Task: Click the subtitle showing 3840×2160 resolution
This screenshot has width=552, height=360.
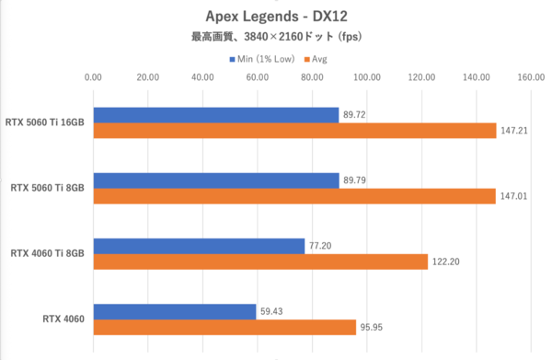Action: coord(276,38)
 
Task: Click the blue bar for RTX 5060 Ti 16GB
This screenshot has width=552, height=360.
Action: coord(215,115)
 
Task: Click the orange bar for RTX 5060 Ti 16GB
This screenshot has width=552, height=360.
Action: coord(294,131)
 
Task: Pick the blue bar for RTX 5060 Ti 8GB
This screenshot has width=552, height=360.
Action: coord(215,180)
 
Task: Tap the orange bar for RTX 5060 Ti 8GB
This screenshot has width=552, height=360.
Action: coord(294,196)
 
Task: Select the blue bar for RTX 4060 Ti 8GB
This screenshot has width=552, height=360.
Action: coord(199,246)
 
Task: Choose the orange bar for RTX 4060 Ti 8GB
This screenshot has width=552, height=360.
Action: coord(260,261)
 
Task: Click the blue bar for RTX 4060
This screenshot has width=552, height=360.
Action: coord(174,311)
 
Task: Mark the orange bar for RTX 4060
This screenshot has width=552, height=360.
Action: coord(224,327)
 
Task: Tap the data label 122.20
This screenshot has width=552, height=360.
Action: coord(445,261)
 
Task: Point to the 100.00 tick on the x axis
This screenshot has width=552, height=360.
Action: coord(367,78)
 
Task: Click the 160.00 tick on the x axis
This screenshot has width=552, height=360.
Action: coord(531,78)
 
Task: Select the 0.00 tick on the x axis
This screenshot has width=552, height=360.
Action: coord(93,78)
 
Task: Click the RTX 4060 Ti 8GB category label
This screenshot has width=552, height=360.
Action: coord(47,253)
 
